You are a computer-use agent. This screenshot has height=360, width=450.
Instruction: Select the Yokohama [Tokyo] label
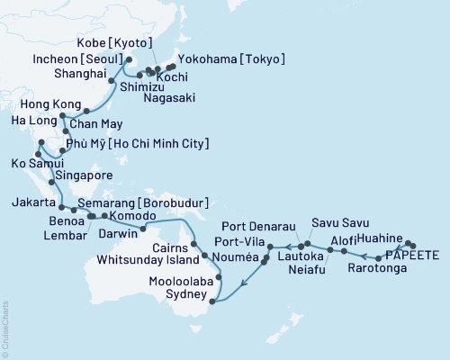pyautogui.click(x=232, y=59)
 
